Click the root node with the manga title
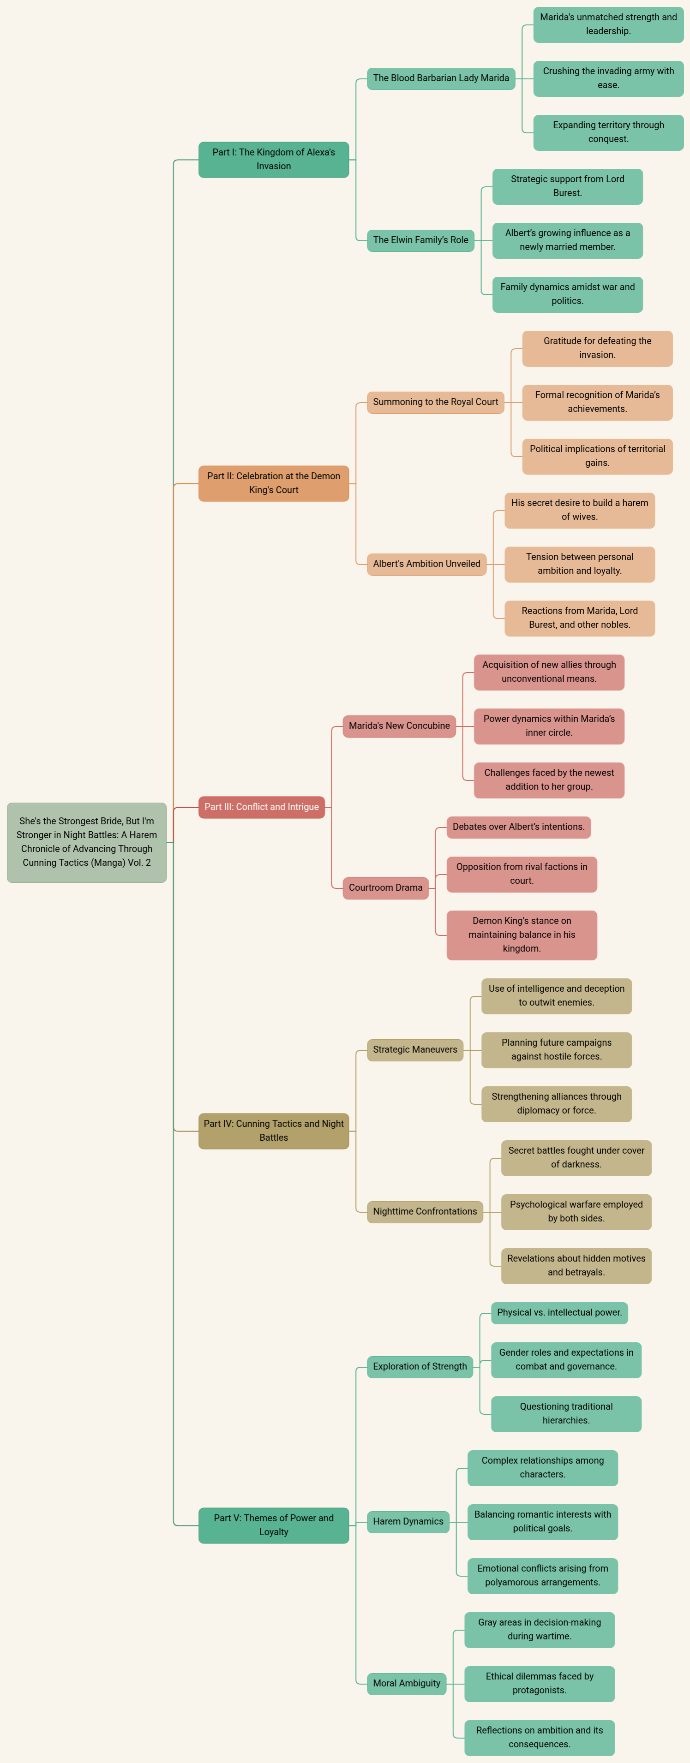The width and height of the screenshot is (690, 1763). [x=87, y=842]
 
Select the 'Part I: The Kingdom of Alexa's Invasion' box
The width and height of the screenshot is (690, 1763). [x=274, y=160]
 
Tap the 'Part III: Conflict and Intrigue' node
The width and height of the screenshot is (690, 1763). [x=262, y=807]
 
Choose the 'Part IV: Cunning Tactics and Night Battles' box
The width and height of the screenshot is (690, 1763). [x=274, y=1131]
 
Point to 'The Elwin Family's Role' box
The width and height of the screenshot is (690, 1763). [x=421, y=240]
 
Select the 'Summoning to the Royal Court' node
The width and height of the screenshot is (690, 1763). [x=435, y=402]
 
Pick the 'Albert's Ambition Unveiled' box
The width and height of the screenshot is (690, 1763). [x=426, y=564]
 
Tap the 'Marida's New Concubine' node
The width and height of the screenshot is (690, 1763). [x=399, y=726]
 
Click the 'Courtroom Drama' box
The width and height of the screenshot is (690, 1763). [x=385, y=887]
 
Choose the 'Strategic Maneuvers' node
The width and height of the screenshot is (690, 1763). [x=415, y=1050]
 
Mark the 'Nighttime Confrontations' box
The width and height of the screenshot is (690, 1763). [x=425, y=1211]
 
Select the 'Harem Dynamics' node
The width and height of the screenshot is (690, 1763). [x=408, y=1521]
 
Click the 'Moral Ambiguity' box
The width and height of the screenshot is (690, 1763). [x=407, y=1684]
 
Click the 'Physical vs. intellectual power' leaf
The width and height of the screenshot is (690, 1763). [x=559, y=1313]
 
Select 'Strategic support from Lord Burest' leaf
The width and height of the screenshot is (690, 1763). [x=568, y=186]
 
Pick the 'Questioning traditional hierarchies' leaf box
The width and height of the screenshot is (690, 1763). [x=566, y=1414]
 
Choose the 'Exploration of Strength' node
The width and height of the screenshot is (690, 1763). [x=420, y=1367]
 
